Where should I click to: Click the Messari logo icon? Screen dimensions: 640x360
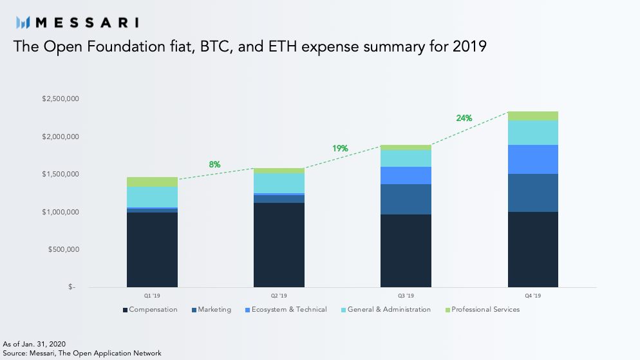click(23, 23)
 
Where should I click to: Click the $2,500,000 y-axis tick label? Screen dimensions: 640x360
click(61, 99)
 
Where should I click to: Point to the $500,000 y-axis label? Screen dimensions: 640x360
click(64, 249)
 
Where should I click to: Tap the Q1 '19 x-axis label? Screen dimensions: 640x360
click(152, 296)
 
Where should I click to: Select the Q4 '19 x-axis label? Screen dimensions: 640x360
click(533, 296)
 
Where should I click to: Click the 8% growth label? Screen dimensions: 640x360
click(214, 164)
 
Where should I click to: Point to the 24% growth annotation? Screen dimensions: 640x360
click(464, 118)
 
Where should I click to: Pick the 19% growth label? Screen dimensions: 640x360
click(340, 148)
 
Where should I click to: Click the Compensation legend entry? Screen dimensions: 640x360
click(150, 309)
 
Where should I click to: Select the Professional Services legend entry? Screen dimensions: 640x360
click(482, 309)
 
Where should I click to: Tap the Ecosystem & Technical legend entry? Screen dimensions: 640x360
click(286, 309)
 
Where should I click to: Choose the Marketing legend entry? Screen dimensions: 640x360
click(211, 309)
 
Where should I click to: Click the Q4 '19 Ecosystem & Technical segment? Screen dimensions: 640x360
click(533, 160)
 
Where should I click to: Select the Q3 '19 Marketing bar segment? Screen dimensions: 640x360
click(406, 199)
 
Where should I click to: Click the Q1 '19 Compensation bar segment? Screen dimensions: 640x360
click(152, 250)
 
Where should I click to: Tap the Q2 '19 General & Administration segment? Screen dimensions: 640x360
click(279, 184)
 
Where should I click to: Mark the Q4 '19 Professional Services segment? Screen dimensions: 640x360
click(533, 116)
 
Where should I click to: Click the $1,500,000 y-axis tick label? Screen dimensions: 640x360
click(61, 175)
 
